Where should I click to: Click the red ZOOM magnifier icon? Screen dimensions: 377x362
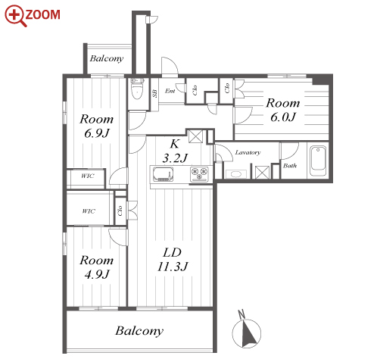[16, 16]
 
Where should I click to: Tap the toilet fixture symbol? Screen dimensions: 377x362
[137, 89]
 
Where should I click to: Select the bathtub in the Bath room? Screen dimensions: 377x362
[318, 161]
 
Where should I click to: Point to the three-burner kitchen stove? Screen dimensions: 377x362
[199, 174]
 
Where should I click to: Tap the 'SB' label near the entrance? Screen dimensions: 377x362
[154, 93]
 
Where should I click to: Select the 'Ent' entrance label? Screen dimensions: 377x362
[170, 91]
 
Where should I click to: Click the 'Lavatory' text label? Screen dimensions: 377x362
[248, 152]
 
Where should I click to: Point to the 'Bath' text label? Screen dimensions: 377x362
[290, 166]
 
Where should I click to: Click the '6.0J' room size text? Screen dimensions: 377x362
[283, 117]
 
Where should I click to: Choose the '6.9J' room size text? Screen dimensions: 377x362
[97, 133]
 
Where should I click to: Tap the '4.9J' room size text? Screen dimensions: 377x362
[97, 274]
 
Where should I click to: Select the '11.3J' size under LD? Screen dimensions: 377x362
[173, 267]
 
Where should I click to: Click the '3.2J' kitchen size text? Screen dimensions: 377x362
[175, 158]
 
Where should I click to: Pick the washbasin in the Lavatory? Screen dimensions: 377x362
[236, 174]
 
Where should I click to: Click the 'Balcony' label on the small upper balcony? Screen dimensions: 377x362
[107, 58]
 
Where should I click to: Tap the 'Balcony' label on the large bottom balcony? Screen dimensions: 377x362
[139, 331]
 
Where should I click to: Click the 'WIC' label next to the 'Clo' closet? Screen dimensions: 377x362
[89, 211]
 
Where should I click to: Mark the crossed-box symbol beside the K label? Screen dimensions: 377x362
[195, 136]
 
